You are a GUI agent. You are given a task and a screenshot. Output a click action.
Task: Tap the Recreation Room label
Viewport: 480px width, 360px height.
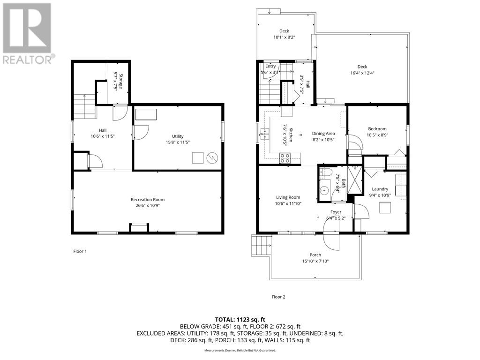[147, 199]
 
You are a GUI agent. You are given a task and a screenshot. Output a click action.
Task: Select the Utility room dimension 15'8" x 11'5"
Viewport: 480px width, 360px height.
[178, 142]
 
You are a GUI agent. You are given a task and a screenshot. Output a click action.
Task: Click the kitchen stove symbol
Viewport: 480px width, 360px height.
[284, 157]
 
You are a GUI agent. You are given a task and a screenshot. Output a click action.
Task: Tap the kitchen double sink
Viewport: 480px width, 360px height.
[265, 135]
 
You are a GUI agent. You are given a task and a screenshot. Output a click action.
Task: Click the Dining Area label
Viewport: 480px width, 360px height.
[323, 134]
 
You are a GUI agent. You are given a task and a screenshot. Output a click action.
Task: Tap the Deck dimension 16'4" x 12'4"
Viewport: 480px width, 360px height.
[362, 73]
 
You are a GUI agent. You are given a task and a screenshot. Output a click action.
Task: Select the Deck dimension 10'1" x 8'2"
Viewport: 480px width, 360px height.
[285, 37]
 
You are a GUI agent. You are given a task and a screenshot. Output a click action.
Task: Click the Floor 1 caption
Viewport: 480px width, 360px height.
[80, 251]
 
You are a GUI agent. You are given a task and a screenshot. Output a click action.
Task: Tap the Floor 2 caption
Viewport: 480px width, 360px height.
[278, 297]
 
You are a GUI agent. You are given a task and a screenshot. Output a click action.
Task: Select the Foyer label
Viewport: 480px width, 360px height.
[336, 212]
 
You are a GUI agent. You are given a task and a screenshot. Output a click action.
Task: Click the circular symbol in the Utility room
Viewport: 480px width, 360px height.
[212, 157]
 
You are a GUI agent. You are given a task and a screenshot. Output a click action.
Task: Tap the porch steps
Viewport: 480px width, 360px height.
[262, 245]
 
